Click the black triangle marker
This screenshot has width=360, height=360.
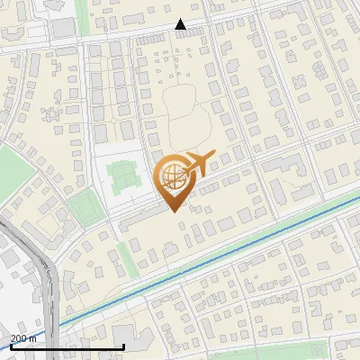180,25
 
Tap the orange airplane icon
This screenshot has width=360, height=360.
201,164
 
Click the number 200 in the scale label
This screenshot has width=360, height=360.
19,338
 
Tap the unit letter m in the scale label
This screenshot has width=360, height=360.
33,338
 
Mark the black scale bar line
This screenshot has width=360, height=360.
67,346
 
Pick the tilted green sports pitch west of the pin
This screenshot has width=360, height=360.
84,209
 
